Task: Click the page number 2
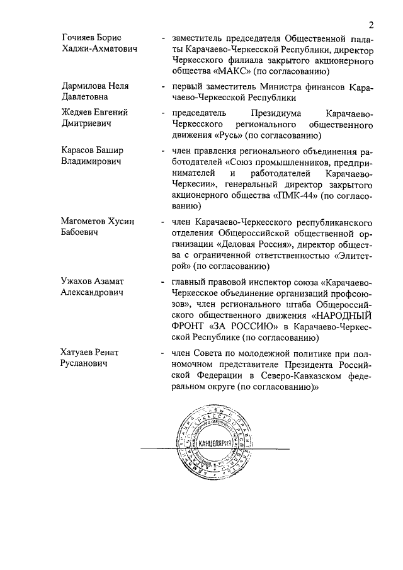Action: [372, 25]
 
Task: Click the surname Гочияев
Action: [80, 38]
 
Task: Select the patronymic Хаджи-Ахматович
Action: [99, 49]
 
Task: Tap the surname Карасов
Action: [79, 151]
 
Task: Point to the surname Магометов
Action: [86, 222]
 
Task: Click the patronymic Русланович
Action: [85, 364]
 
